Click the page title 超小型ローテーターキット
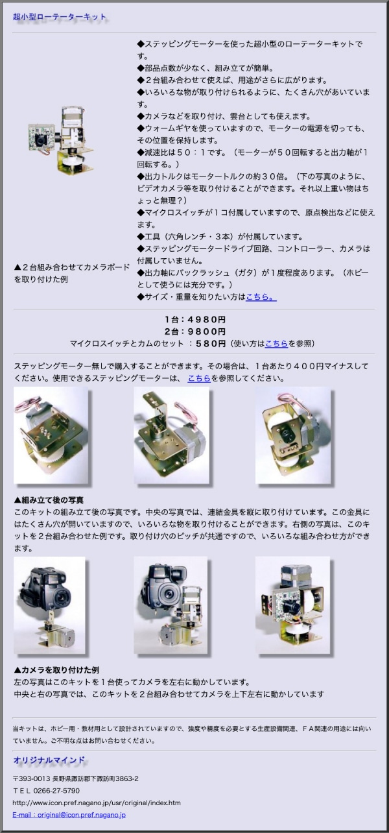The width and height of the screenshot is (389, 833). point(60,17)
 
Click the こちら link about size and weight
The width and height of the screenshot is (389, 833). point(261,296)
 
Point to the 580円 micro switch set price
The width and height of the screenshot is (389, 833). point(211,343)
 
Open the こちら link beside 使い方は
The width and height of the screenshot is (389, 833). point(276,343)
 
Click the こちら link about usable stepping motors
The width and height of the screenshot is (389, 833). point(199,378)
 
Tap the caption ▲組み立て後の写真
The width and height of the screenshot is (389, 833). point(49,500)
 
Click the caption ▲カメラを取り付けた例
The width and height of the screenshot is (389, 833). point(56,670)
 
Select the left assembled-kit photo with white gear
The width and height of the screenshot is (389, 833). point(51,435)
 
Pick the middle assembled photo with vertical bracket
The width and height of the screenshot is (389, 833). point(171,435)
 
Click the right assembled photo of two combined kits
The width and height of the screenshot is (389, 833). point(293,435)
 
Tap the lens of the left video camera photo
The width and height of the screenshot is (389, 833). point(60,598)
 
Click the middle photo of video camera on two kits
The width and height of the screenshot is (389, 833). point(171,605)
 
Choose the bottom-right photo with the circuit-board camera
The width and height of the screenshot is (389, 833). point(292,605)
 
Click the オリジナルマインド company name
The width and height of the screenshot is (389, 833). point(49,760)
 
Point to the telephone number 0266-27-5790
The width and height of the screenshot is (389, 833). point(56,790)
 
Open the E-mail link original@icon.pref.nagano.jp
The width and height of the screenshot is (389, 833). point(69,814)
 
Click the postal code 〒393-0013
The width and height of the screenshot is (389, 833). point(31,779)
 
